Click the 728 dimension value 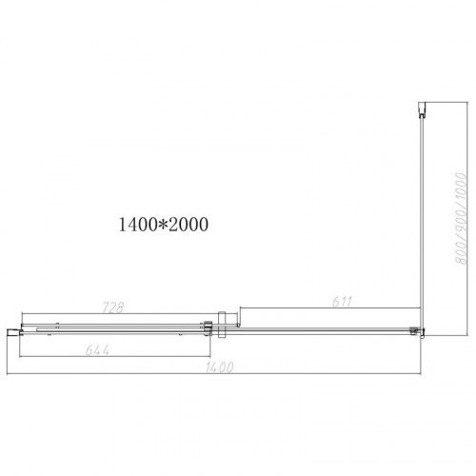pos(113,307)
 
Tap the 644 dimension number pos(97,350)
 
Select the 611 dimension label pos(343,302)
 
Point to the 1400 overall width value pos(220,367)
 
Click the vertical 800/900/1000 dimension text pos(462,218)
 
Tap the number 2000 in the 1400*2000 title pos(188,225)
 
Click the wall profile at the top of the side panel pos(422,109)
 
